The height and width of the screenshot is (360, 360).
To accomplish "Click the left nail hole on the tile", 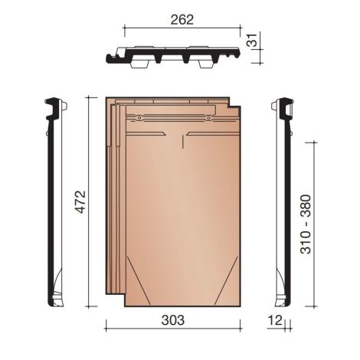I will click(x=139, y=118).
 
